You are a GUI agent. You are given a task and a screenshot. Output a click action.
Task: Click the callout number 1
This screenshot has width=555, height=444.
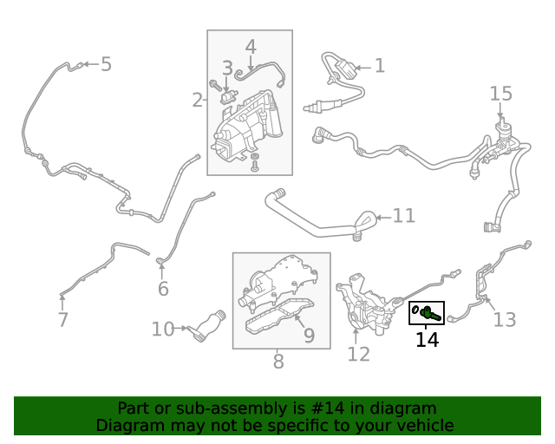pos(379,66)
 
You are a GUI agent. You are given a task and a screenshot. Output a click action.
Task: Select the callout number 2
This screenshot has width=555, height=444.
pos(198,101)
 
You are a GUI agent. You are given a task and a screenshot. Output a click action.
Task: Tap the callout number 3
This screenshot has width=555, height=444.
pos(227,69)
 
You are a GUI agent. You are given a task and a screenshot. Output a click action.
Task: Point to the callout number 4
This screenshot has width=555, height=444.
pos(251,47)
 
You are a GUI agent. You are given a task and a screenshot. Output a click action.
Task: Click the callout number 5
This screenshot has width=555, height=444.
pos(106,64)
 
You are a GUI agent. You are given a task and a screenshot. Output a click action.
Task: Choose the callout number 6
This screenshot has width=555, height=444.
pos(163,289)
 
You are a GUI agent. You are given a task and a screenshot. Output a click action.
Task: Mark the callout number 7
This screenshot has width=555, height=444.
pos(62,320)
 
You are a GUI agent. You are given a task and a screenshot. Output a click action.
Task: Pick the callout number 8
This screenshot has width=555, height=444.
pos(278,362)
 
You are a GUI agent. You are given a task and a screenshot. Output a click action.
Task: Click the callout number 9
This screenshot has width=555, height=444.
pos(309,334)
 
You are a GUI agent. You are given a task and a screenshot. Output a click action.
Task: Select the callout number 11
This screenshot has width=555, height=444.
pos(404,216)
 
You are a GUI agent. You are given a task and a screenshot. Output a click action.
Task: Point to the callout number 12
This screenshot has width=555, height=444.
pos(358,354)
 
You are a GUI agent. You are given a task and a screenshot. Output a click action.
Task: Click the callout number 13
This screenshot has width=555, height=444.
pos(504,320)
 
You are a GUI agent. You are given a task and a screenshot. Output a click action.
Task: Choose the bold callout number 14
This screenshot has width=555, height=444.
pos(427,340)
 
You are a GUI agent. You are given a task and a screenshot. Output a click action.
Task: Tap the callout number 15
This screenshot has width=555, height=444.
pos(501,94)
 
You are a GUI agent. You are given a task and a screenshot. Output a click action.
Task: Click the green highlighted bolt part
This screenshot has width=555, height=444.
pos(426,311)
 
